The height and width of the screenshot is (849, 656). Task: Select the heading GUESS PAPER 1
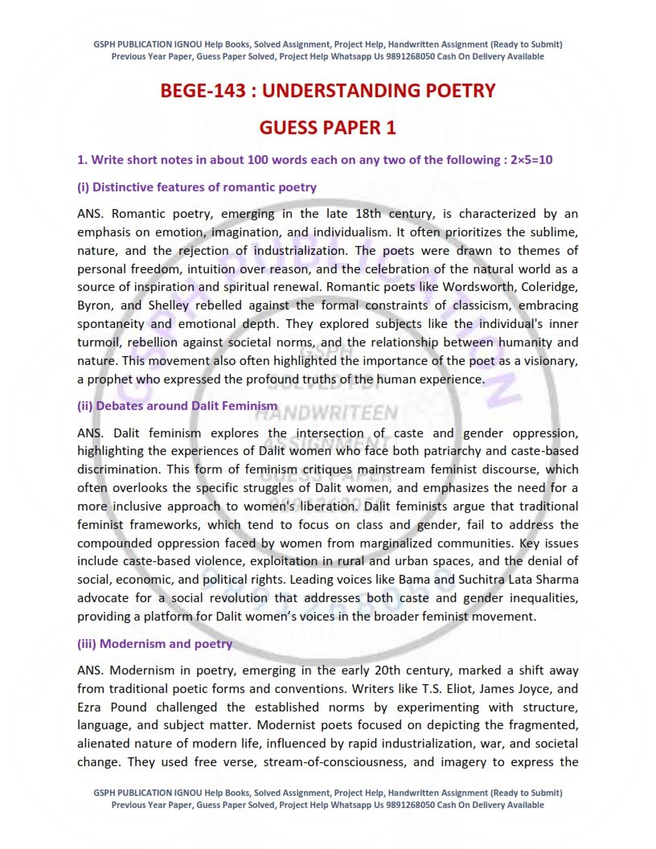(327, 128)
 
